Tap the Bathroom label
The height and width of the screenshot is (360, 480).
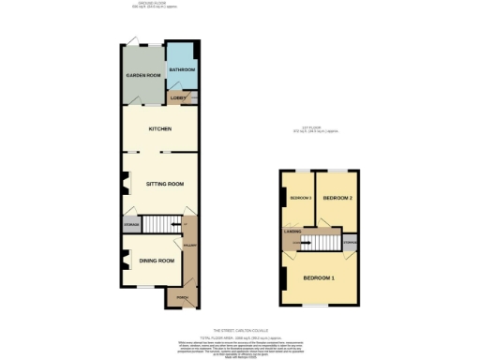point(181,70)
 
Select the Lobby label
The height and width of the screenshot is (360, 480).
point(176,97)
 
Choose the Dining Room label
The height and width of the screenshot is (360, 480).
point(157,260)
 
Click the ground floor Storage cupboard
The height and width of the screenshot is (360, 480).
point(132,224)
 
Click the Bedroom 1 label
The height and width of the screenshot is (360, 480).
point(319,278)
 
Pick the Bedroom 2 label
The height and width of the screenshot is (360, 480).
point(337,199)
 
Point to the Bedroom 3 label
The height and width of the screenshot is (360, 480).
point(300,199)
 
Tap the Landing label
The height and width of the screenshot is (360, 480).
point(292,231)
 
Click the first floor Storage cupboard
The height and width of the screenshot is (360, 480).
point(349,243)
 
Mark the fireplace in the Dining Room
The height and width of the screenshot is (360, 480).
point(123,259)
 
